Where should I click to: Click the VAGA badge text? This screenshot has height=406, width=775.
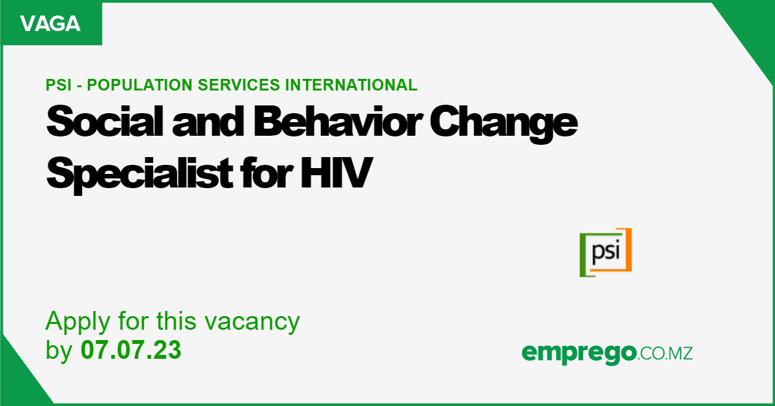pyautogui.click(x=50, y=23)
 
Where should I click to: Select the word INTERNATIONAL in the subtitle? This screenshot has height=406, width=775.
pyautogui.click(x=351, y=85)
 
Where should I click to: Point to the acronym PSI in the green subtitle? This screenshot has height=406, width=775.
pyautogui.click(x=59, y=85)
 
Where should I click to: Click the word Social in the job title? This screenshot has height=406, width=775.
pyautogui.click(x=105, y=122)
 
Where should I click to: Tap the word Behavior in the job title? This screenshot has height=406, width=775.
pyautogui.click(x=338, y=122)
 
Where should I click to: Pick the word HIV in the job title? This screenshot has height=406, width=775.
pyautogui.click(x=336, y=172)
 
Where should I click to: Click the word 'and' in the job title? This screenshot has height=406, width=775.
pyautogui.click(x=208, y=122)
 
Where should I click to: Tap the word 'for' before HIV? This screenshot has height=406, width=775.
pyautogui.click(x=266, y=172)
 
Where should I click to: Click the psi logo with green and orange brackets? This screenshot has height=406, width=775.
pyautogui.click(x=606, y=253)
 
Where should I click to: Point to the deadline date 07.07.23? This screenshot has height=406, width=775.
pyautogui.click(x=130, y=350)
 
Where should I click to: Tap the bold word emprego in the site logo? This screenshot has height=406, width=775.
pyautogui.click(x=579, y=354)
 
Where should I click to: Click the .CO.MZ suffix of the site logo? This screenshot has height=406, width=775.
pyautogui.click(x=665, y=354)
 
